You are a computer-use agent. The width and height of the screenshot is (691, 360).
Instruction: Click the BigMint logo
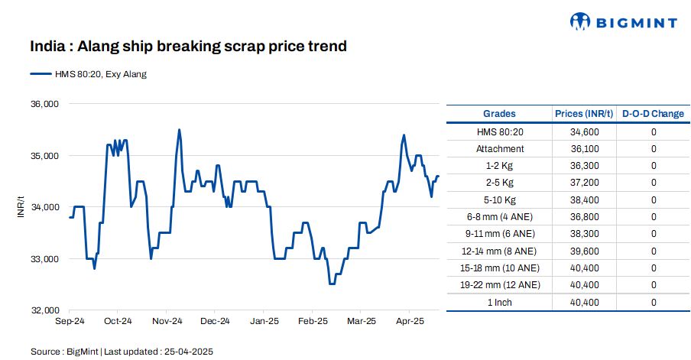(x=624, y=22)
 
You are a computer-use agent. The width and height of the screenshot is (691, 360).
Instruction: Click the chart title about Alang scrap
(x=188, y=47)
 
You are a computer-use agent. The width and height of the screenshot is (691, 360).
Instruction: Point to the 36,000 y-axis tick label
(x=44, y=104)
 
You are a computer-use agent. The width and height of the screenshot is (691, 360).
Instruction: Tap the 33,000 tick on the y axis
(x=44, y=259)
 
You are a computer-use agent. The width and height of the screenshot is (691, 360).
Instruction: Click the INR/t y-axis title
(x=21, y=207)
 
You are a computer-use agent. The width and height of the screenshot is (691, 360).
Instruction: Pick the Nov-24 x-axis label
(x=167, y=322)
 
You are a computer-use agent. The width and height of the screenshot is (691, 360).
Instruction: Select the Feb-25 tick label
(x=312, y=322)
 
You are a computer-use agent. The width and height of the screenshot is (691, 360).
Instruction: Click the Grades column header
(x=500, y=114)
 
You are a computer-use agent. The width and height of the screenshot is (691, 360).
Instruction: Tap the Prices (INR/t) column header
(x=584, y=114)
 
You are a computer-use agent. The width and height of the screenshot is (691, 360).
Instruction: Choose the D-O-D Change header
(x=653, y=114)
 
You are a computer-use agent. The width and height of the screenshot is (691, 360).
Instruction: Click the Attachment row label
(x=500, y=149)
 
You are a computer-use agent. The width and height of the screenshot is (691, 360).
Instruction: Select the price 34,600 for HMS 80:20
(x=584, y=132)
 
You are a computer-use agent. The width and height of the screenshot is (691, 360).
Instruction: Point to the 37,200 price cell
(x=584, y=183)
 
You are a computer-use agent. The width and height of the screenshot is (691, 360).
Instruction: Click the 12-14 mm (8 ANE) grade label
(x=500, y=251)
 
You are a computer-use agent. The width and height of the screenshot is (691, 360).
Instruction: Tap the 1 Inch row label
(x=500, y=302)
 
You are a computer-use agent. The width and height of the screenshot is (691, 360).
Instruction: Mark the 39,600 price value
(x=584, y=251)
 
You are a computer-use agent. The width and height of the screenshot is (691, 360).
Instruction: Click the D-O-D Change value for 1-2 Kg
(x=654, y=166)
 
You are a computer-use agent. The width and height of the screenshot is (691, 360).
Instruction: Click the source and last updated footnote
(x=122, y=351)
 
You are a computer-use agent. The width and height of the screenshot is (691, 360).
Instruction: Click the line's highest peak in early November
(x=179, y=130)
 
